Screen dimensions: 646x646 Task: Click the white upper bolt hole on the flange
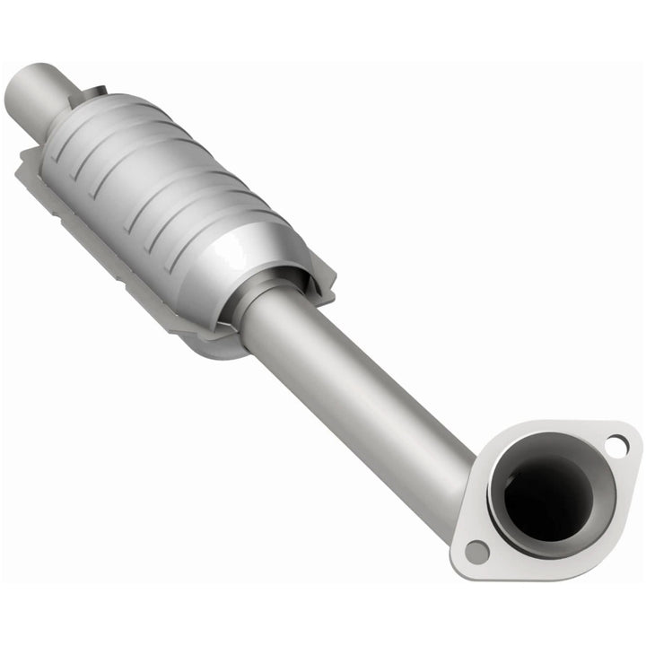click(615, 442)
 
